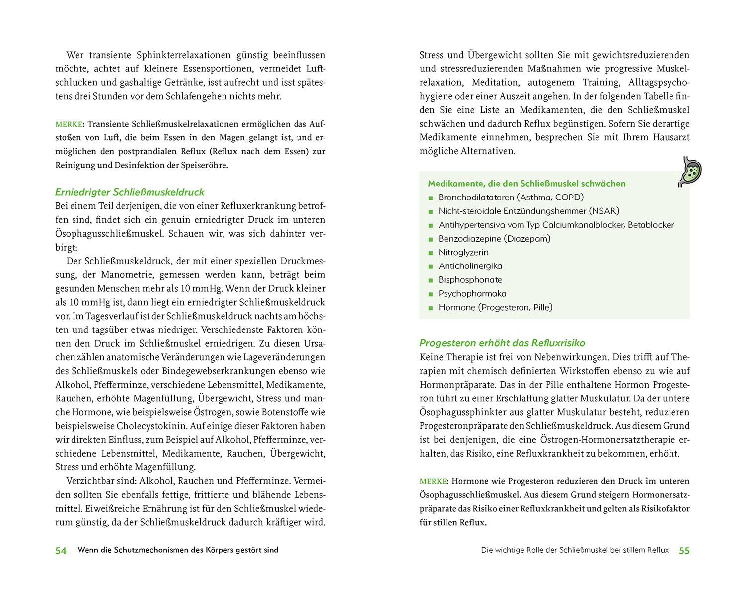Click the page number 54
tap(61, 550)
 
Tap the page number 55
tap(684, 550)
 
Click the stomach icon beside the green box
tap(690, 171)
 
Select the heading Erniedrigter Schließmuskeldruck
tap(129, 192)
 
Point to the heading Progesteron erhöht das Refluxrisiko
tap(502, 343)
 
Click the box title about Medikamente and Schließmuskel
tap(526, 184)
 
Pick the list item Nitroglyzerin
tap(463, 252)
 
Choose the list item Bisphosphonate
tap(470, 280)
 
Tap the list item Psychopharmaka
tap(472, 293)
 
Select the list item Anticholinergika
tap(470, 266)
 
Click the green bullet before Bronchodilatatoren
tap(431, 198)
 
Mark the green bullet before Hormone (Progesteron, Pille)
tap(431, 308)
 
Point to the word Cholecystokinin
tap(147, 426)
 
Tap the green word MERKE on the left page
tap(69, 124)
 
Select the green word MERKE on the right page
tap(433, 481)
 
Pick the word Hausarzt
tap(670, 137)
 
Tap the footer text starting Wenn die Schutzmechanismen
tap(178, 550)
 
